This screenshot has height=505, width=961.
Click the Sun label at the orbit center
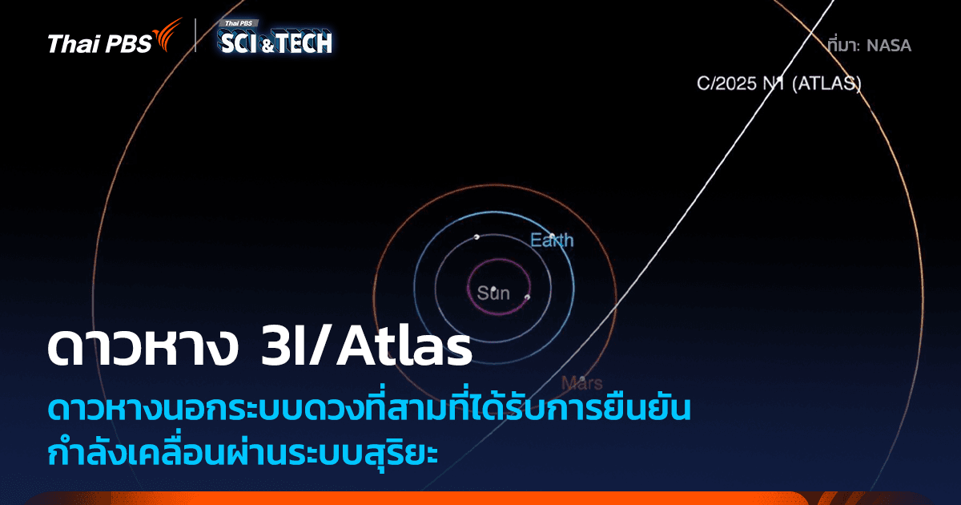point(493,294)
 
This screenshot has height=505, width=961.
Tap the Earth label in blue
point(552,240)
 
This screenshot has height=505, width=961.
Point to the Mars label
point(582,382)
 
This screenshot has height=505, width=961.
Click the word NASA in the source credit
point(889,46)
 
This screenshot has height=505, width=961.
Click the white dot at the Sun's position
point(495,288)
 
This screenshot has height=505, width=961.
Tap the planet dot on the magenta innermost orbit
point(527,297)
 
